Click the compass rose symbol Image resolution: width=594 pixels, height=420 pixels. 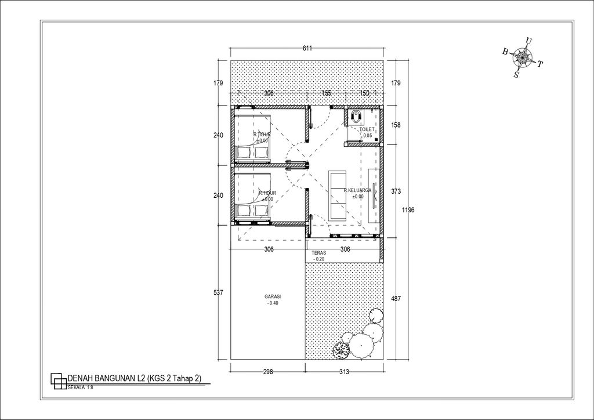[524, 57]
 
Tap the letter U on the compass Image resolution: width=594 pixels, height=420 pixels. [527, 40]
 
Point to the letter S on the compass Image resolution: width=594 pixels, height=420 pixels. [516, 74]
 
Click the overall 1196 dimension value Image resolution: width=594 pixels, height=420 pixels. [408, 211]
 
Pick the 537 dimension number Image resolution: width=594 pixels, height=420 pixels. [218, 292]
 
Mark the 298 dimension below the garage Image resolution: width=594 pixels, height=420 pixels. [267, 372]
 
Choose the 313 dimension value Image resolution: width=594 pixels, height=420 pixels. [344, 372]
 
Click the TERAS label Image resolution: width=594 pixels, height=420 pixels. [318, 254]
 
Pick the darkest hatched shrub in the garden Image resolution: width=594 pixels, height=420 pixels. [339, 349]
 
